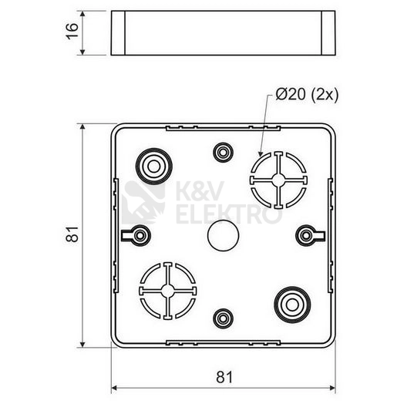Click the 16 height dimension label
pos(72,32)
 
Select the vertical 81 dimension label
pos(72,234)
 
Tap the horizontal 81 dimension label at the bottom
pos(224,377)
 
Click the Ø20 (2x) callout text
pos(307,95)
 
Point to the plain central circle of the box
pos(223,235)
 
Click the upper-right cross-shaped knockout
pos(278,180)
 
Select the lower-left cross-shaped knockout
pos(168,291)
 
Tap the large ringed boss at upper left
pos(154,167)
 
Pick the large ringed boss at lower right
pos(292,305)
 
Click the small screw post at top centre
pos(223,153)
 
